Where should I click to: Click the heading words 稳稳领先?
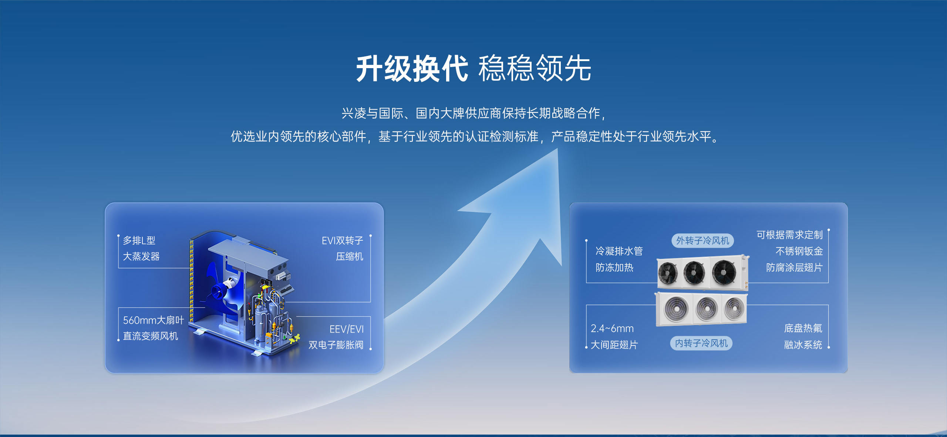535,69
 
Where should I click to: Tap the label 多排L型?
139,240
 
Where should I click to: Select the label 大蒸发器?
141,256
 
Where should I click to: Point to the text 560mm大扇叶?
153,320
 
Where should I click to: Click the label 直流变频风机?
150,336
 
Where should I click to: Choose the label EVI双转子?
343,241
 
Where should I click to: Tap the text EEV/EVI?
347,329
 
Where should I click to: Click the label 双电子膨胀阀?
336,345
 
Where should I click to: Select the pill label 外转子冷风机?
702,241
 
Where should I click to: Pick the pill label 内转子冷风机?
701,343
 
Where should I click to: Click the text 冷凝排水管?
619,251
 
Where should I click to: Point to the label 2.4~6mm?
612,328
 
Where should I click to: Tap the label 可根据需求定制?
789,235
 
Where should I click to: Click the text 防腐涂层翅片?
794,267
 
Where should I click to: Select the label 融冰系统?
803,345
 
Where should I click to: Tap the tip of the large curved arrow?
557,149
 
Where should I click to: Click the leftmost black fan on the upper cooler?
667,273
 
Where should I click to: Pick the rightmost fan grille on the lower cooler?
734,308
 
